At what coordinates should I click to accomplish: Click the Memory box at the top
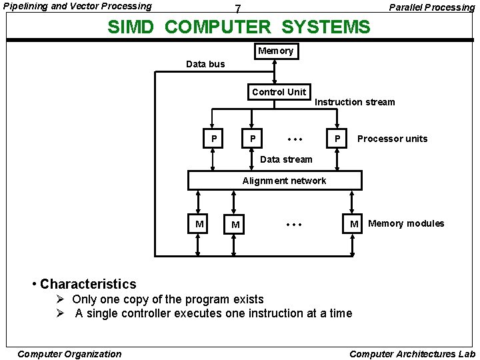coord(275,51)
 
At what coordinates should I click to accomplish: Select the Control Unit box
coord(279,92)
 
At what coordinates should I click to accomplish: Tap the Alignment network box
coord(275,181)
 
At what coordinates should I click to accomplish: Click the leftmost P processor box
coord(213,139)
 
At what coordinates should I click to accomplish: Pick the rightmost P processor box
coord(338,139)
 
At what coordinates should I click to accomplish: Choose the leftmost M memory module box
coord(199,224)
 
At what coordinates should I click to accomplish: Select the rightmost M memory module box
coord(354,224)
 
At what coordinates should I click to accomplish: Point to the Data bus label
coord(205,64)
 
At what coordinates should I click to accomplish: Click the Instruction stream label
coord(355,102)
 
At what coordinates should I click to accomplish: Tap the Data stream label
coord(286,159)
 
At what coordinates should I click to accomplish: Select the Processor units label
coord(392,139)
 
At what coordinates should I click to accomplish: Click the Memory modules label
coord(406,223)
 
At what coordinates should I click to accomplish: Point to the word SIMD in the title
coord(133,27)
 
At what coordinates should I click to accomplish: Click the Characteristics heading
coord(87,284)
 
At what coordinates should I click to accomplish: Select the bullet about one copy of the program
coord(167,299)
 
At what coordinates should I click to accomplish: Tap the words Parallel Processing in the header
coord(432,7)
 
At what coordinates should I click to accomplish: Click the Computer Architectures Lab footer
coord(412,354)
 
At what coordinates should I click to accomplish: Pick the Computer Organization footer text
coord(69,354)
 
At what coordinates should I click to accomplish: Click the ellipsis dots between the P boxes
coord(295,139)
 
